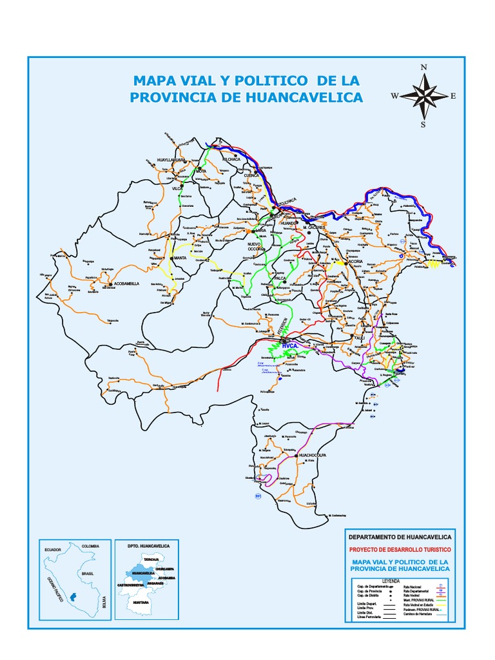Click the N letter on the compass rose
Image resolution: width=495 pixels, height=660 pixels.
coord(423,67)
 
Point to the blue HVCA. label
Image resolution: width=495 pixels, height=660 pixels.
coord(290,346)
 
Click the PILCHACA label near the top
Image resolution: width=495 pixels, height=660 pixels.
coord(231,159)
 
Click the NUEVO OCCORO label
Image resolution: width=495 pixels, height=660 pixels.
coord(258,247)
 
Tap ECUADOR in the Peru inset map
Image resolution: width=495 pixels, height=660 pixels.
coord(52,549)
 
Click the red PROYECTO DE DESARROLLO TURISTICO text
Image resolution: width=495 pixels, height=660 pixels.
coord(400,549)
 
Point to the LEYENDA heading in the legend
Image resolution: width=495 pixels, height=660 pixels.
coord(400,580)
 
